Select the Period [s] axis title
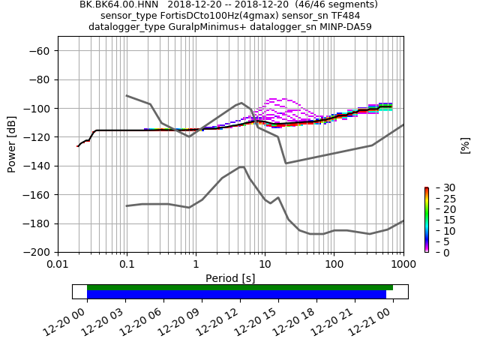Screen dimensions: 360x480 (x=230, y=278)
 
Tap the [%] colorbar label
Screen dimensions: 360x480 (x=465, y=145)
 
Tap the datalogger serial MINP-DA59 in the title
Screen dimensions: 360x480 (x=346, y=27)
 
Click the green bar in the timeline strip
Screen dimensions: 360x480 (x=240, y=287)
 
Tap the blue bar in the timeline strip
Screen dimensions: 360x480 (x=236, y=295)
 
